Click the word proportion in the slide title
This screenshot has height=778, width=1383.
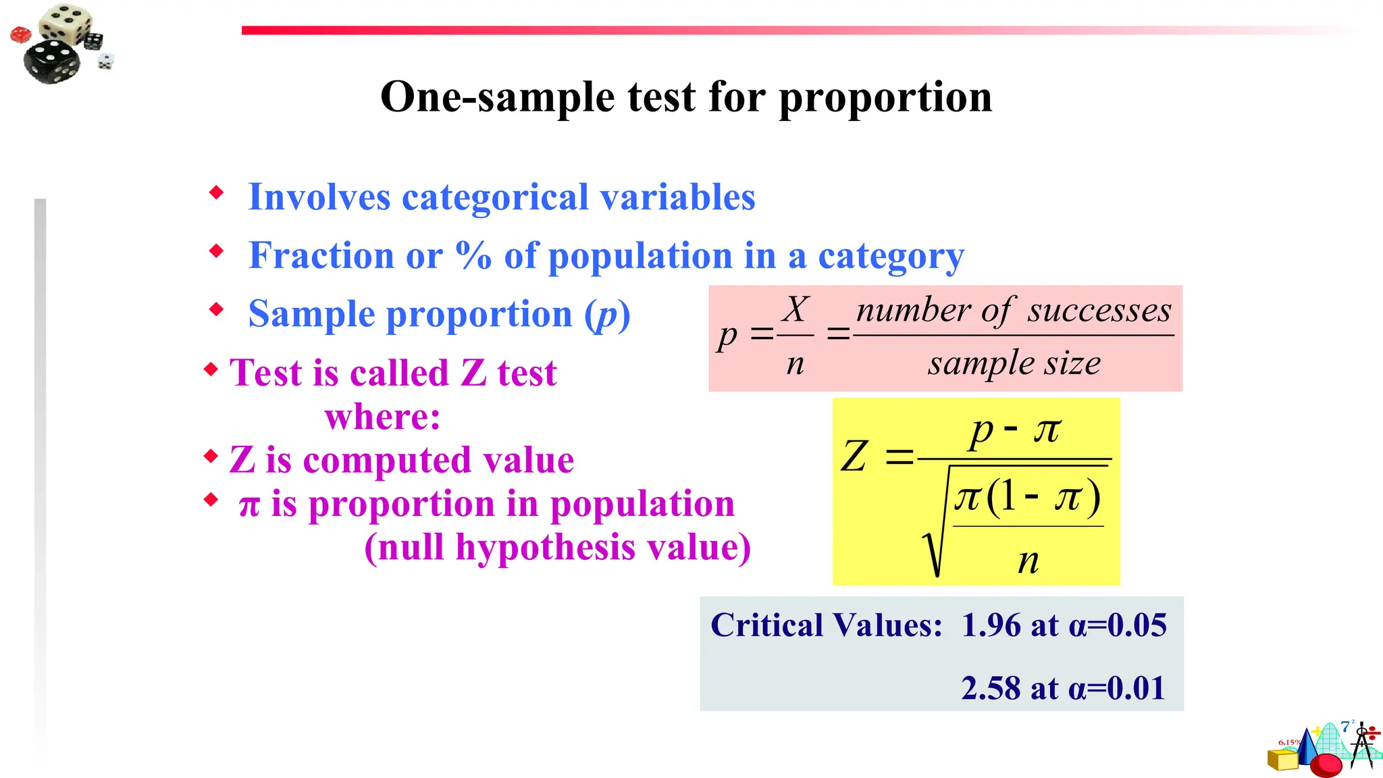point(885,98)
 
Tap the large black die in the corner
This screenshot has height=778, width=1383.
point(51,61)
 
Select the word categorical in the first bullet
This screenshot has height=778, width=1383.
point(495,197)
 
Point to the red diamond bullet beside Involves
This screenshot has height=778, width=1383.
point(216,193)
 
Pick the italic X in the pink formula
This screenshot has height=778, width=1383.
point(795,310)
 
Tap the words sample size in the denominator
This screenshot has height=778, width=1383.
point(1014,363)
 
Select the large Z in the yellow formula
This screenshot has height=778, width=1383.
point(854,457)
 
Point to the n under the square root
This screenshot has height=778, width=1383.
point(1028,561)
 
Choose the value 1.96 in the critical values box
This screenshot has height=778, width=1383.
point(991,625)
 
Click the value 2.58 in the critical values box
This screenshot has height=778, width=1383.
point(991,689)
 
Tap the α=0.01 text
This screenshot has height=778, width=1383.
point(1117,689)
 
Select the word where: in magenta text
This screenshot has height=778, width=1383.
point(382,417)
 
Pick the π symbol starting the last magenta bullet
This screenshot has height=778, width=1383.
point(249,505)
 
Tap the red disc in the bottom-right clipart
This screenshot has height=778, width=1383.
point(1326,764)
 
